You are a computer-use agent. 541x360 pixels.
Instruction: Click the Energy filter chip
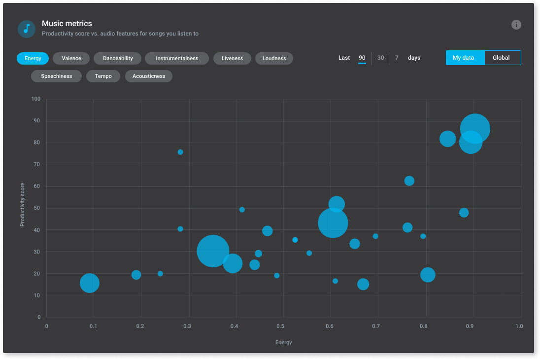[x=33, y=58]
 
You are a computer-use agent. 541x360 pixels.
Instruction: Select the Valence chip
[x=71, y=58]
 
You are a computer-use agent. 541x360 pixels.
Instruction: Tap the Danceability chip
[x=118, y=58]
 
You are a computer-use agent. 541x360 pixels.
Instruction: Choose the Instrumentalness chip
[x=177, y=58]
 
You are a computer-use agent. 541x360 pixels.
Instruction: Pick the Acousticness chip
[x=149, y=76]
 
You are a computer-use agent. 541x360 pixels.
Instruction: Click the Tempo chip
[x=103, y=76]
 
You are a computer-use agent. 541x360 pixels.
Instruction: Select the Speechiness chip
[x=56, y=76]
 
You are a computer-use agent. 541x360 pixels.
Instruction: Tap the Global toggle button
[x=501, y=58]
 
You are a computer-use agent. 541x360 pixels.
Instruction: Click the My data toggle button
[x=463, y=58]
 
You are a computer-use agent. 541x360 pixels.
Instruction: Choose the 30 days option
[x=380, y=58]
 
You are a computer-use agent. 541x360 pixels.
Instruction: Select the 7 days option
[x=397, y=58]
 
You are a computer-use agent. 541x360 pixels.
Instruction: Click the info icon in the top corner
[x=516, y=25]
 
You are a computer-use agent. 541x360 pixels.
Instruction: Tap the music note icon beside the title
[x=27, y=29]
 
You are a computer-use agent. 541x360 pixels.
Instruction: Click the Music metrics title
[x=67, y=24]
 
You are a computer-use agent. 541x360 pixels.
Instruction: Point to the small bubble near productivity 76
[x=180, y=152]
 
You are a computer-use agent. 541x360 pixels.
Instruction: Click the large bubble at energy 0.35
[x=213, y=251]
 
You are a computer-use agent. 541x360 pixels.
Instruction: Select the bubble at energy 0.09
[x=90, y=283]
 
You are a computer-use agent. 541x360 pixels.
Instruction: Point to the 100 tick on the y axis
[x=35, y=99]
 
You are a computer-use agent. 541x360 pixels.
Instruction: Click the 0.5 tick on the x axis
[x=280, y=326]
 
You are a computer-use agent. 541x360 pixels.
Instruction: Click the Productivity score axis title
[x=22, y=205]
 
